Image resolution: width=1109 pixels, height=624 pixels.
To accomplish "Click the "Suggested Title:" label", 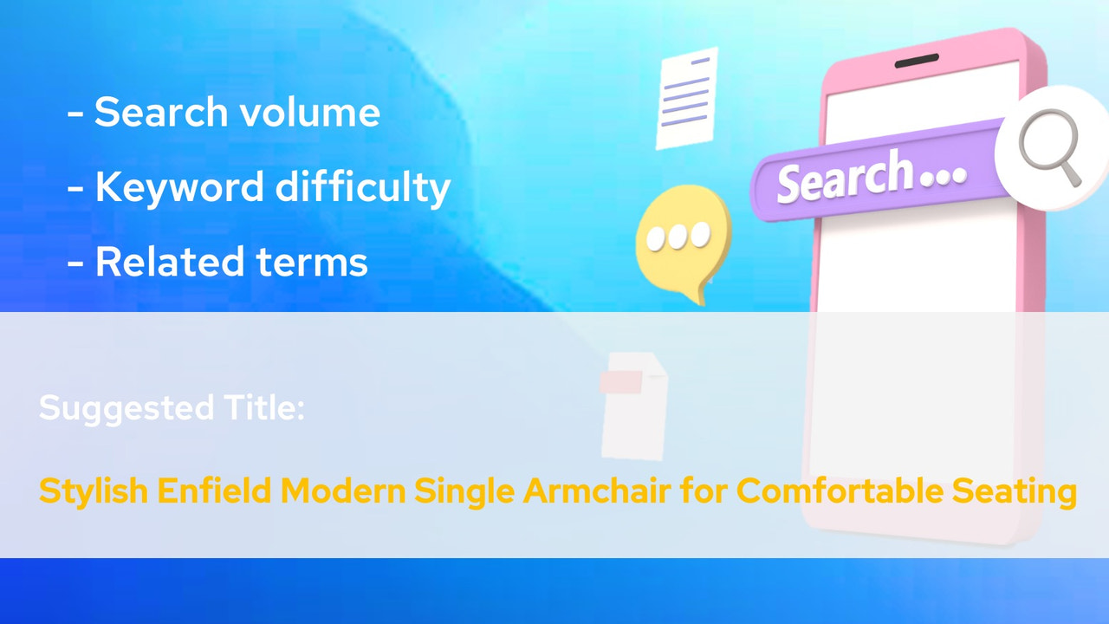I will point(172,407).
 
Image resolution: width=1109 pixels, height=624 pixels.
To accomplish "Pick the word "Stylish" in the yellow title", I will point(94,492).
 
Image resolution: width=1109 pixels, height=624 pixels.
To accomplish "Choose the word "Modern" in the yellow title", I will point(344,492).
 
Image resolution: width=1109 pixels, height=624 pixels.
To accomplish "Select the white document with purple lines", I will point(687,97).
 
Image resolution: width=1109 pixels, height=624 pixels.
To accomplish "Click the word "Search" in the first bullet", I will point(162,113).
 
